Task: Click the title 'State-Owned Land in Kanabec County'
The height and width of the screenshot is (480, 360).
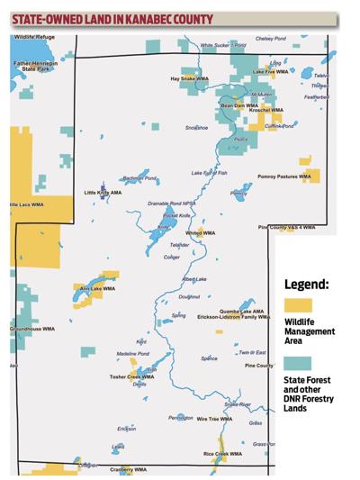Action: [x=112, y=17]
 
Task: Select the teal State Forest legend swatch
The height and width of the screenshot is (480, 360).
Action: [x=297, y=365]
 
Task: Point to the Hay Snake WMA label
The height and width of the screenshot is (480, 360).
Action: [x=188, y=78]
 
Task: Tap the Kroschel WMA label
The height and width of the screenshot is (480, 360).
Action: [x=265, y=110]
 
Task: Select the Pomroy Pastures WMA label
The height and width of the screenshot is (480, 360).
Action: [x=283, y=177]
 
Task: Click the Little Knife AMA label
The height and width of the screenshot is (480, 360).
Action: [x=103, y=192]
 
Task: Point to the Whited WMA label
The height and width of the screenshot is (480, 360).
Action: [x=200, y=232]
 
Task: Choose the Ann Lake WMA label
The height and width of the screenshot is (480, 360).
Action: [x=97, y=289]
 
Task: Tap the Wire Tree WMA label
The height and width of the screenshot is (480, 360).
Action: [x=214, y=419]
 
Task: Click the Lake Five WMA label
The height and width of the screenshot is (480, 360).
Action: [x=270, y=71]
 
